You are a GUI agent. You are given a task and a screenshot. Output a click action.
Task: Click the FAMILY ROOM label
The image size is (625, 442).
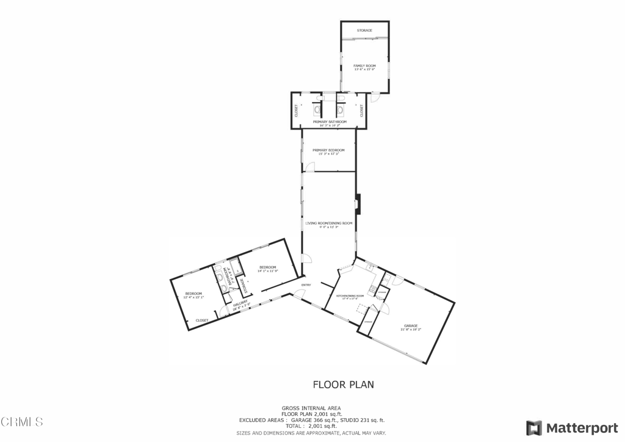pos(364,66)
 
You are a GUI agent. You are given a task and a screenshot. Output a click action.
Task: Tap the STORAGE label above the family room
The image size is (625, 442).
pos(364,31)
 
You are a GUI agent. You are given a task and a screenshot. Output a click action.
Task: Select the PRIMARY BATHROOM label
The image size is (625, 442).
pos(330,122)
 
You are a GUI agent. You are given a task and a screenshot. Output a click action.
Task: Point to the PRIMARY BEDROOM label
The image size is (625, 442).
pos(328,150)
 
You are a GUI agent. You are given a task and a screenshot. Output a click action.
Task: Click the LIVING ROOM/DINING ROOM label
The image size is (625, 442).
pos(329,223)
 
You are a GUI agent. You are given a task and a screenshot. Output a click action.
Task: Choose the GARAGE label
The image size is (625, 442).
pos(411,326)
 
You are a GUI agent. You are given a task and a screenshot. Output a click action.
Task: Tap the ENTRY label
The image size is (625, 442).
pos(306,285)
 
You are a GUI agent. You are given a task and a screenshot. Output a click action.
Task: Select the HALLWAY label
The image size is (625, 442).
pos(240,303)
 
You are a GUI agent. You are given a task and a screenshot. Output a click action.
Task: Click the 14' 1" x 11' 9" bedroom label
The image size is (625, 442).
pos(268,267)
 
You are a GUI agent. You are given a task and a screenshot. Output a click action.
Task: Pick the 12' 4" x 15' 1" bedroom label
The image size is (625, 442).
pos(194,294)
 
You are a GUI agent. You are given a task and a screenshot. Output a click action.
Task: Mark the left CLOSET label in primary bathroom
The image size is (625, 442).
pos(297,111)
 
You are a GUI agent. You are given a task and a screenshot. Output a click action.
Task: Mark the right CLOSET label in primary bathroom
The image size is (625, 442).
pos(361,111)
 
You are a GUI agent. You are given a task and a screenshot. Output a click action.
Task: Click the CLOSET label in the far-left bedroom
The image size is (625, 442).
pos(202,321)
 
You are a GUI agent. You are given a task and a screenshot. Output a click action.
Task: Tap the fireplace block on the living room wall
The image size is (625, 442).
pos(359,204)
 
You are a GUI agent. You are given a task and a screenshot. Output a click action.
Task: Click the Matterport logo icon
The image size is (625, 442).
pos(534,427)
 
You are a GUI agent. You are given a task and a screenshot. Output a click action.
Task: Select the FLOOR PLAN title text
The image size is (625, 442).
pos(343,385)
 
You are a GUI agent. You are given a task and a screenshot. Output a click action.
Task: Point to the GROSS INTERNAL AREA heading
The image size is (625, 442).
pos(311,408)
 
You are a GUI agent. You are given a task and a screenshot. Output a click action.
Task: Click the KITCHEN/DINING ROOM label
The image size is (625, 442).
pos(350,296)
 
